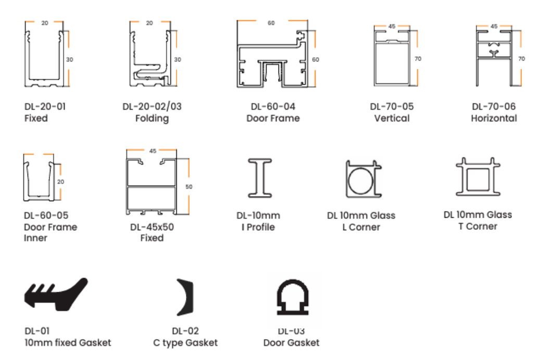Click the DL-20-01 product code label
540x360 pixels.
click(45, 106)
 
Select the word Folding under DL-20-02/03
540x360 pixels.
click(152, 118)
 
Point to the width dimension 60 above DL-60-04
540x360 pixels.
click(271, 23)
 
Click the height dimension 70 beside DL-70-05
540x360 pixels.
click(418, 59)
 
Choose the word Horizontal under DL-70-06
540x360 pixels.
click(494, 118)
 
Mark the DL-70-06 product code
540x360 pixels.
click(494, 106)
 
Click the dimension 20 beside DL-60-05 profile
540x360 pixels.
click(60, 181)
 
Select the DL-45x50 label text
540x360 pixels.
click(152, 227)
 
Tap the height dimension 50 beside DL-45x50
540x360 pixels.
click(189, 187)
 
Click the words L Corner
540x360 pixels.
click(361, 227)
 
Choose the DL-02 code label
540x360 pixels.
click(185, 331)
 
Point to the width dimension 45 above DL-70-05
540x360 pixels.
click(392, 27)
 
